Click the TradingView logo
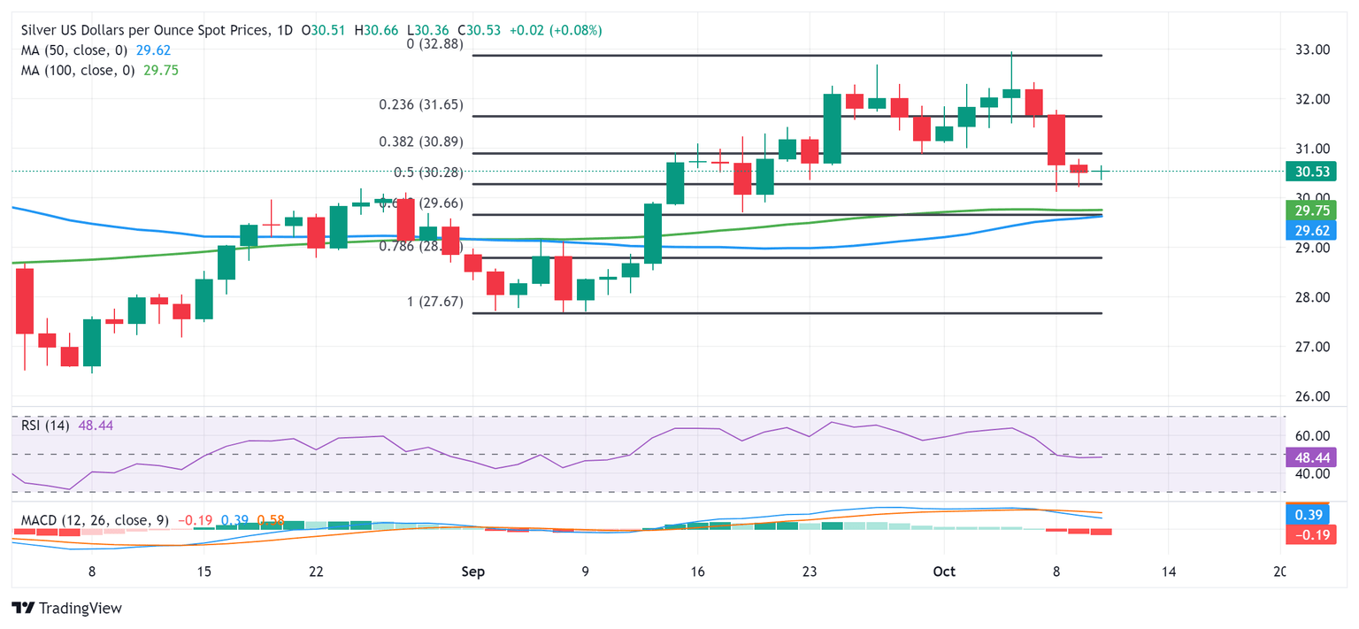(x=67, y=609)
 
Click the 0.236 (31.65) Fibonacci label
(x=421, y=104)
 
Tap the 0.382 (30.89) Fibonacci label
(x=421, y=142)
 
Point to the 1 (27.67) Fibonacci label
(x=434, y=302)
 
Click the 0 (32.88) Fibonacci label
(x=434, y=43)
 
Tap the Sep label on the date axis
(x=472, y=571)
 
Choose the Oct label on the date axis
(x=944, y=571)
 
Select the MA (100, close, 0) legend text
(x=79, y=70)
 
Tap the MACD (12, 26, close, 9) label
(x=94, y=520)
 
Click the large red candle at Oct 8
(x=1056, y=140)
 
